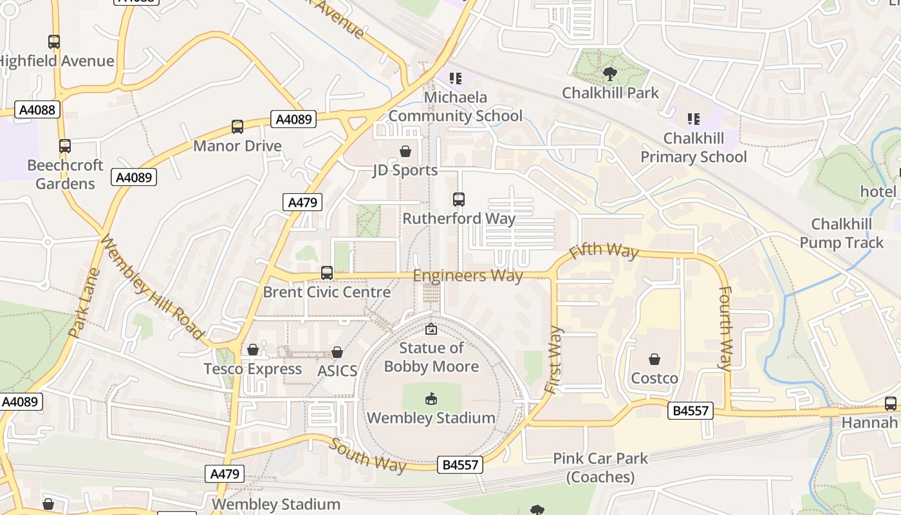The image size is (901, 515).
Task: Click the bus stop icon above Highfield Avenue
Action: (x=54, y=42)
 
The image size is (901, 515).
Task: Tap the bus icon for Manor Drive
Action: (x=237, y=127)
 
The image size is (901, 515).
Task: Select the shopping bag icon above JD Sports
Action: (x=405, y=151)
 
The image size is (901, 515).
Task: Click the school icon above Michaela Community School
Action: (x=456, y=79)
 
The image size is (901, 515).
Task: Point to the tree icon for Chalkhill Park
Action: (x=609, y=74)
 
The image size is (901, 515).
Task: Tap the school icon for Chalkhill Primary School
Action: (x=694, y=119)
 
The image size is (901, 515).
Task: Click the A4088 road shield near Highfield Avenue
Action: (x=37, y=109)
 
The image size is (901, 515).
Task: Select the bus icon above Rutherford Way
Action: (x=459, y=200)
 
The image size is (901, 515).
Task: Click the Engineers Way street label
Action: (x=468, y=276)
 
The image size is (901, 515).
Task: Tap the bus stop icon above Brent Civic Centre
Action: (x=327, y=273)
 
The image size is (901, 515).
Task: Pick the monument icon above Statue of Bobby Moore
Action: (x=431, y=330)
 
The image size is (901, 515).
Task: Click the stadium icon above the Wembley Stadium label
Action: (x=431, y=399)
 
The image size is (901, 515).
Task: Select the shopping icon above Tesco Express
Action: (x=253, y=350)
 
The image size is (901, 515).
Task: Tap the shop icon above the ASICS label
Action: (x=337, y=352)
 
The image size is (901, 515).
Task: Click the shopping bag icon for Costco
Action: (x=655, y=359)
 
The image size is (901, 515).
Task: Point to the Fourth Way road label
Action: (x=724, y=328)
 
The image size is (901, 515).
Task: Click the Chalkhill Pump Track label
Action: (x=842, y=234)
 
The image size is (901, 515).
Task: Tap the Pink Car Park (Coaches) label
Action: (x=600, y=467)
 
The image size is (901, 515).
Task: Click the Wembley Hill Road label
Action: (x=152, y=288)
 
